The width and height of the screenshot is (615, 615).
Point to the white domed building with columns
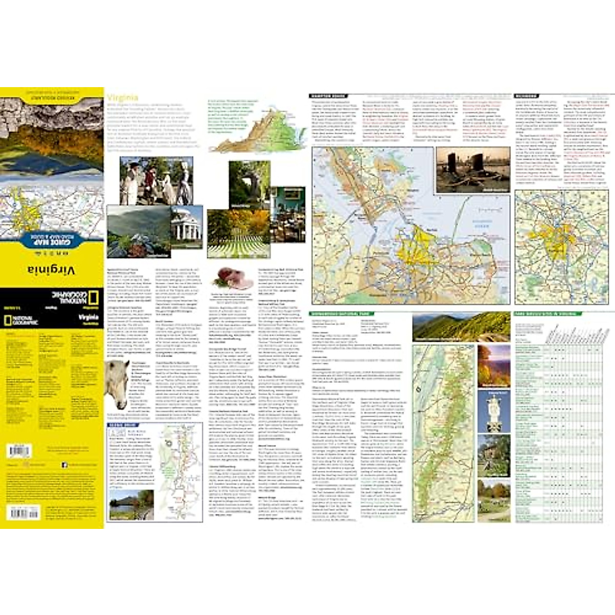(x=187, y=227)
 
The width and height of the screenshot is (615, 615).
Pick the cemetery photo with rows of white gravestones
(x=238, y=234)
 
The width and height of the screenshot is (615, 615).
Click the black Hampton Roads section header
(x=329, y=96)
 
